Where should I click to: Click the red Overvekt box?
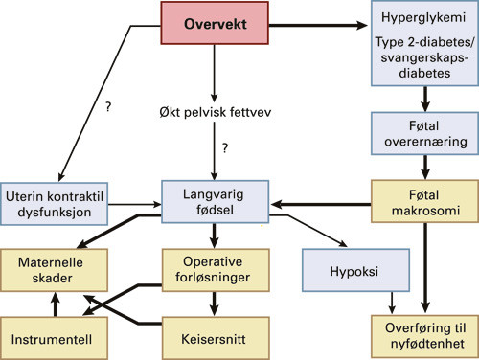215,23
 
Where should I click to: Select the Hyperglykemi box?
424,43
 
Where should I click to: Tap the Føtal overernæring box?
424,133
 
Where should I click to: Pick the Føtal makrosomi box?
424,202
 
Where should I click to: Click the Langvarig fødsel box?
215,202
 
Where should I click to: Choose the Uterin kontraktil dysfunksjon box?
54,204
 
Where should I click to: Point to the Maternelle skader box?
54,270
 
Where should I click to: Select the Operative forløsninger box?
216,270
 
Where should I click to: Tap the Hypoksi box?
355,270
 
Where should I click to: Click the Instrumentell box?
54,338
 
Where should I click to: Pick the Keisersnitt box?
216,338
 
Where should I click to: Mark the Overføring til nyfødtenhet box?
424,337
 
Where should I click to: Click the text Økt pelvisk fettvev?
216,112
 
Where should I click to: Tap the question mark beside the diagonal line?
108,106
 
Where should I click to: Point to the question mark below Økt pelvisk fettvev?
225,148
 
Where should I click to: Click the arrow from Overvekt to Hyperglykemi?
318,25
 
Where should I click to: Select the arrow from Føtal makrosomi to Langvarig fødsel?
321,204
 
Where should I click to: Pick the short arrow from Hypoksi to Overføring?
392,303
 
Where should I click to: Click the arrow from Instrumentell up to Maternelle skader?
56,304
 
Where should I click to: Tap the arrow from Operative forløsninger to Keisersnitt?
215,304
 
